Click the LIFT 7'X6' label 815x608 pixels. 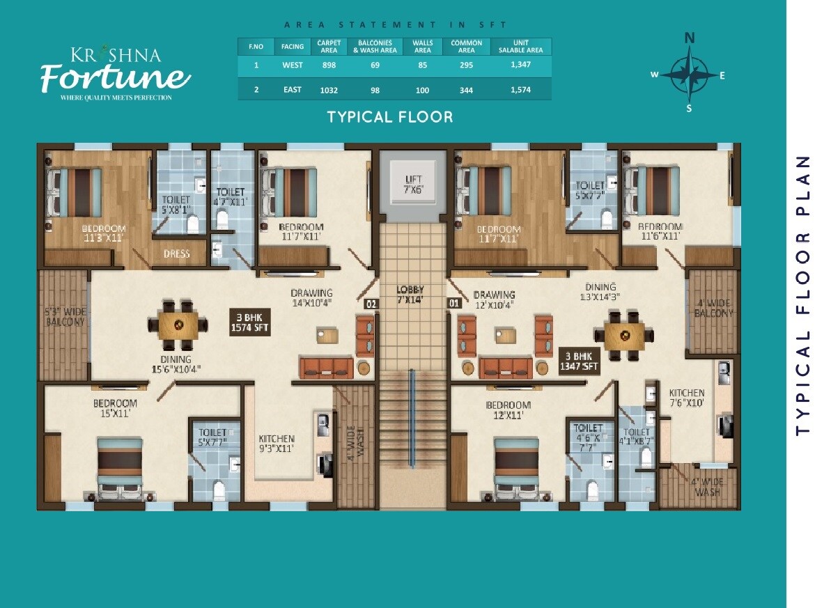coord(414,185)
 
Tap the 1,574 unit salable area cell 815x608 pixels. coord(526,90)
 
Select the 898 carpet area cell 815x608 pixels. coord(329,65)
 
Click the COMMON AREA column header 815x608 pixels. coord(466,47)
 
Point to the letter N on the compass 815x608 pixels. coord(690,39)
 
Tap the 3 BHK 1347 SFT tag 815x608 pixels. coord(579,361)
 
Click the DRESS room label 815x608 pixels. coord(176,254)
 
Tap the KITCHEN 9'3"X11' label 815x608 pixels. coord(277,444)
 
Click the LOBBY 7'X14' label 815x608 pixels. coord(411,295)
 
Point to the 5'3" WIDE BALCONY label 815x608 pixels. coord(64,317)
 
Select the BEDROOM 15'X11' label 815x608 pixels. coord(115,408)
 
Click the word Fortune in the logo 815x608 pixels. coord(115,76)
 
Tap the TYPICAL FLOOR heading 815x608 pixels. coord(390,117)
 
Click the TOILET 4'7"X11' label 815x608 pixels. coord(231,197)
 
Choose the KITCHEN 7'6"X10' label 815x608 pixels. coord(687,398)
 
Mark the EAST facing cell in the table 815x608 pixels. coord(293,90)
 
